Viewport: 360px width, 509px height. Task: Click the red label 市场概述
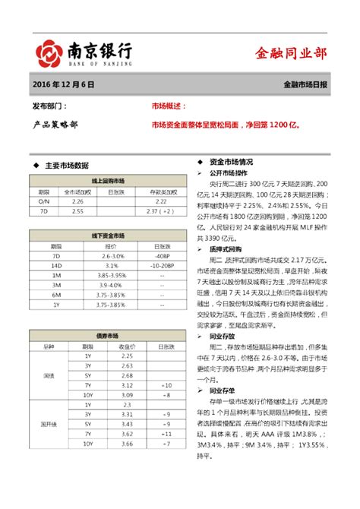168,107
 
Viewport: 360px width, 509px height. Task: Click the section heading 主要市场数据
67,164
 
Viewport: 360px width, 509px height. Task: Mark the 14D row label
56,266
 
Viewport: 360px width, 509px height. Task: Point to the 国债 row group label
49,375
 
